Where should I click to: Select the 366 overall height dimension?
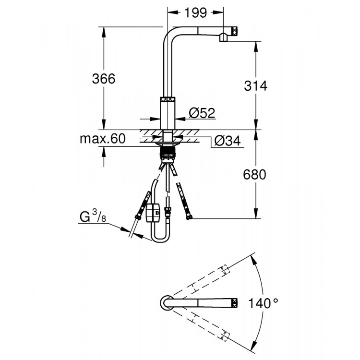point(104,79)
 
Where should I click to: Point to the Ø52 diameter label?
point(202,113)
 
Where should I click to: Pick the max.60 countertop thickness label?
point(102,139)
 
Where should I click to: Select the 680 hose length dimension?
point(254,175)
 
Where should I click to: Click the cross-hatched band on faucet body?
point(167,99)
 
